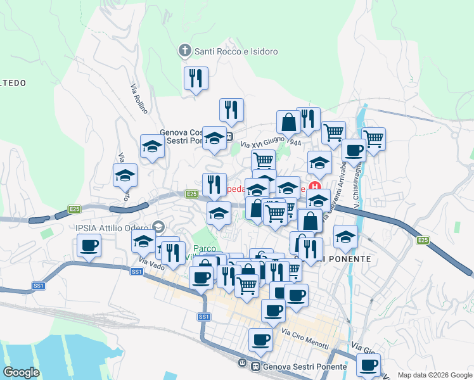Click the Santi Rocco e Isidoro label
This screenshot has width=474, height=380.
(x=236, y=51)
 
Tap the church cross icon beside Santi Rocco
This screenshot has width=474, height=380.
(x=184, y=51)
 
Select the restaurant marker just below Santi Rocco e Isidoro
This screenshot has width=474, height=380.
(x=196, y=79)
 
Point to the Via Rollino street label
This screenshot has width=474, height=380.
(x=139, y=99)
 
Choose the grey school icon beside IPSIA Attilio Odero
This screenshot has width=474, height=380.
(x=158, y=227)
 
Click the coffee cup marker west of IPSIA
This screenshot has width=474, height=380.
(x=89, y=245)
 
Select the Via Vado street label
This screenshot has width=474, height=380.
(x=146, y=262)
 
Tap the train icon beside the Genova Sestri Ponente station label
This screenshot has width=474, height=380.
(x=255, y=367)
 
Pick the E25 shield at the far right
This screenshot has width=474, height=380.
(x=424, y=240)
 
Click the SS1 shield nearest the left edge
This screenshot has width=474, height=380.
(x=39, y=286)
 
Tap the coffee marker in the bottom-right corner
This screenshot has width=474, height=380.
(x=369, y=365)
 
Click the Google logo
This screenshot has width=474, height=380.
(x=22, y=372)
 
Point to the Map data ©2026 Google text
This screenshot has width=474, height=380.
(x=434, y=375)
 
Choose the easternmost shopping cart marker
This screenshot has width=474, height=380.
(x=374, y=137)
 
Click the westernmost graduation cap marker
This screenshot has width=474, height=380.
(x=125, y=175)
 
